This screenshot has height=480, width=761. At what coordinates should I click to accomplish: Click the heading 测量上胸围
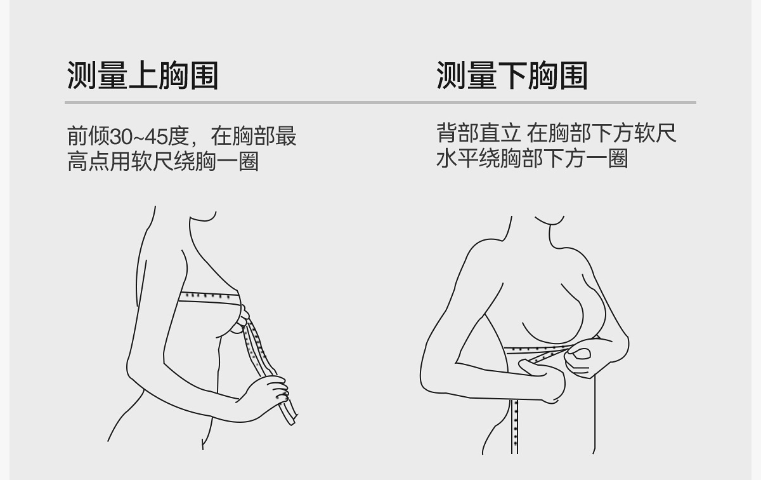(x=143, y=76)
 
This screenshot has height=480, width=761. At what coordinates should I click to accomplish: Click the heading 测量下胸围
(x=512, y=76)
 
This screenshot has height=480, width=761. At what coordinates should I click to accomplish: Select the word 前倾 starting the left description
(x=89, y=137)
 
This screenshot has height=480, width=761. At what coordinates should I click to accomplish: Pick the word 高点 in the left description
(x=89, y=161)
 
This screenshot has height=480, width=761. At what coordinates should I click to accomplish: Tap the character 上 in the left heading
(x=143, y=76)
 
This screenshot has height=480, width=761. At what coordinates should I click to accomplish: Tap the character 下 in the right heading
(x=512, y=76)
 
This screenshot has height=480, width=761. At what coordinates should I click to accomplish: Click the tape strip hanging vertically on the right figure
(x=515, y=425)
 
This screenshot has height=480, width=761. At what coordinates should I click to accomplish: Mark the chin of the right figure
(x=549, y=223)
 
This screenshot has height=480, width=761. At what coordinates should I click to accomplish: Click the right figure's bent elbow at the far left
(x=424, y=381)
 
